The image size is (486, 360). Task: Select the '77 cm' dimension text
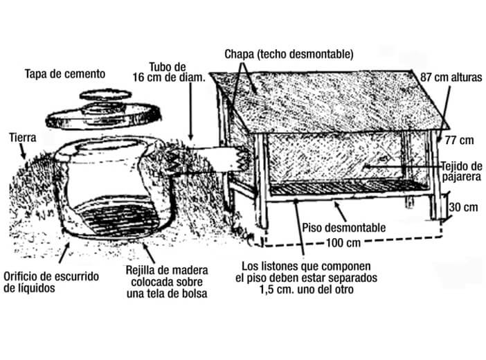pyautogui.click(x=459, y=141)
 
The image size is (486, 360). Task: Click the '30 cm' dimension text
pyautogui.click(x=464, y=207)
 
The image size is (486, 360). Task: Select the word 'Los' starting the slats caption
pyautogui.click(x=251, y=267)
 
